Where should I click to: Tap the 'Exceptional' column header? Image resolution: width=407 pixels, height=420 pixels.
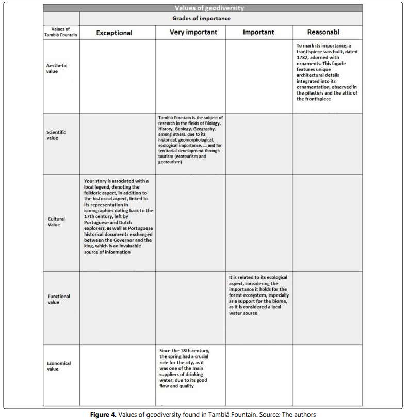click(114, 33)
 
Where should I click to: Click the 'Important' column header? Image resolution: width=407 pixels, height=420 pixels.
click(258, 32)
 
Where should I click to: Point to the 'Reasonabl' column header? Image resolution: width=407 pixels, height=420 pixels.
click(323, 32)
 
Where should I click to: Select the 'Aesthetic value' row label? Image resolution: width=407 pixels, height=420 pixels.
click(57, 68)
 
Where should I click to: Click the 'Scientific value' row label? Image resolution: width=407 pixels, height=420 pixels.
click(56, 135)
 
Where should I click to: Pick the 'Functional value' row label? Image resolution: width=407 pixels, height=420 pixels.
click(59, 299)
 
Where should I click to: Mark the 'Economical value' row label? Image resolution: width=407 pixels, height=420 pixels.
click(59, 366)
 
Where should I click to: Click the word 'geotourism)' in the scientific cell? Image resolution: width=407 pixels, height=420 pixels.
click(170, 162)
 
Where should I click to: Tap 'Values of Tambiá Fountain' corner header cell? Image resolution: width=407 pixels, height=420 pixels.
click(61, 32)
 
